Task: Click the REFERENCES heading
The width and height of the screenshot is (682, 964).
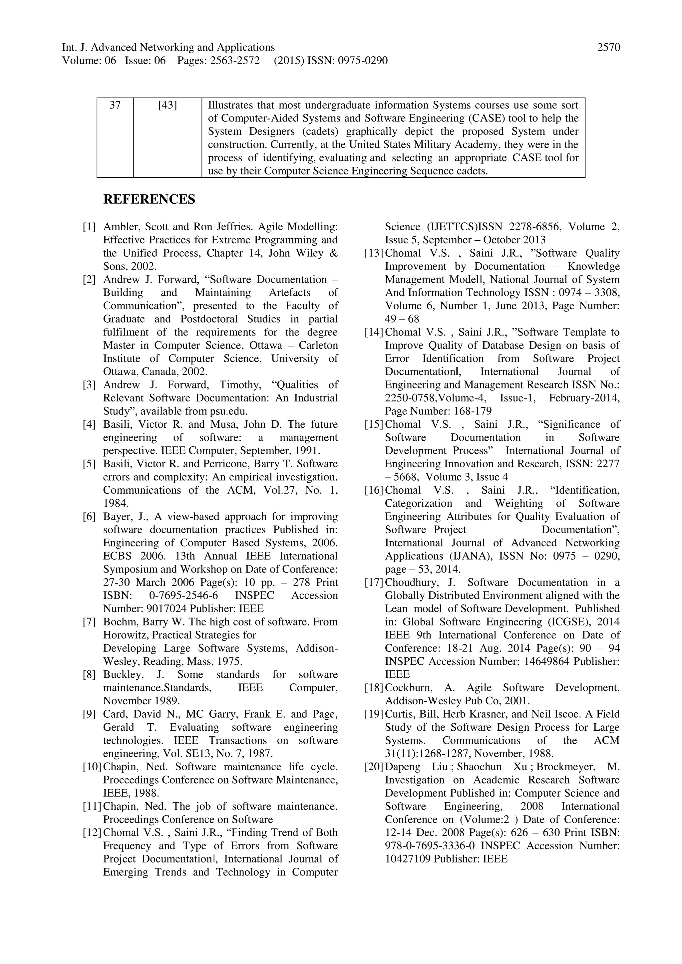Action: (x=149, y=199)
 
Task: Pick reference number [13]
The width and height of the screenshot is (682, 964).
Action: (x=374, y=254)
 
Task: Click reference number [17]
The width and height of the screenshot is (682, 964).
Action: (x=374, y=583)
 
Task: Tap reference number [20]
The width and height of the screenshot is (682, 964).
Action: (x=374, y=767)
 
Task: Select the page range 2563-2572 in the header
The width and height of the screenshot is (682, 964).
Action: (x=235, y=61)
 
